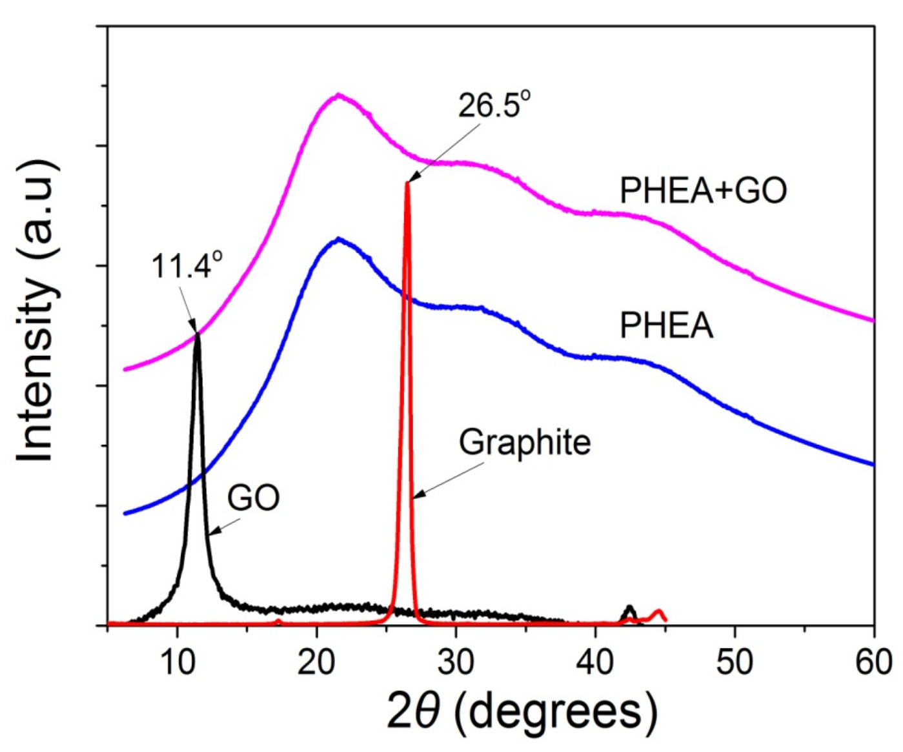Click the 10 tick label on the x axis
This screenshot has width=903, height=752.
[x=177, y=662]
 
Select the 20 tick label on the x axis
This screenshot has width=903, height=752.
[x=316, y=662]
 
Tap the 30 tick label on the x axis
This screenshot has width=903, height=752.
[x=456, y=662]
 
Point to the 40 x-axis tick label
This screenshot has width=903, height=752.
[x=595, y=662]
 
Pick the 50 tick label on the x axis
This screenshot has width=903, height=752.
[x=735, y=662]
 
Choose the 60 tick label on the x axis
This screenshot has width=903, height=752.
[x=873, y=662]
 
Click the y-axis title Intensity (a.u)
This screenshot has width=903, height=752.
[x=37, y=310]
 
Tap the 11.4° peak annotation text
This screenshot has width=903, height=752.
[x=187, y=265]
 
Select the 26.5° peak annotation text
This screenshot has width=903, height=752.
[x=494, y=105]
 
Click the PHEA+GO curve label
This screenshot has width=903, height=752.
[x=703, y=190]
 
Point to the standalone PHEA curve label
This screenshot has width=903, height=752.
[x=666, y=325]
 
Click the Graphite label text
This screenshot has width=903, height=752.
[x=525, y=443]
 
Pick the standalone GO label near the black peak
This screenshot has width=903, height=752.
[x=253, y=498]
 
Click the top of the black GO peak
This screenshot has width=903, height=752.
[x=198, y=334]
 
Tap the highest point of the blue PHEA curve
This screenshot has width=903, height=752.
[x=338, y=239]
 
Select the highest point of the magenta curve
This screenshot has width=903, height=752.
[x=338, y=95]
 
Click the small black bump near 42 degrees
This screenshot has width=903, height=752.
[x=630, y=607]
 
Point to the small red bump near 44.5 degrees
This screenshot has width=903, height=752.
[x=658, y=611]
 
